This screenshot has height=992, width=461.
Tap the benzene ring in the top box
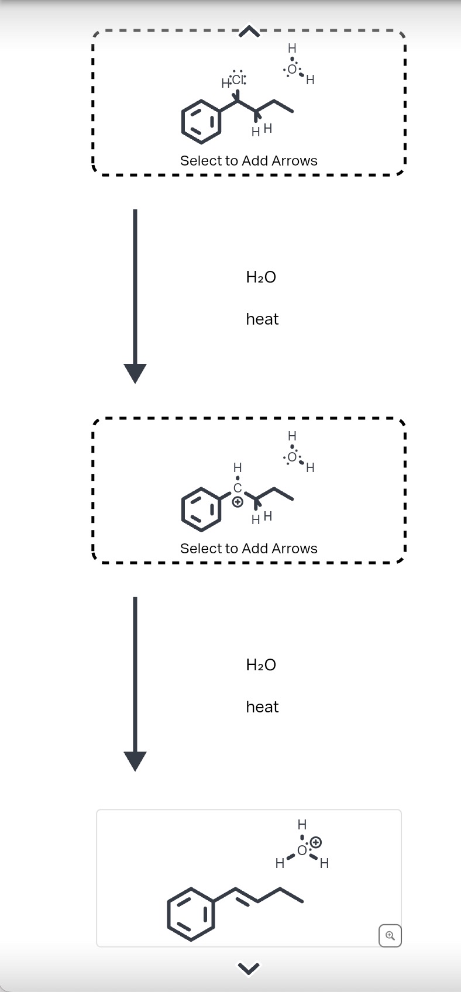(x=201, y=122)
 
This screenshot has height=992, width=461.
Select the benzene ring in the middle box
(x=201, y=509)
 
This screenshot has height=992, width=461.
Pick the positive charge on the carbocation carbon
(x=237, y=502)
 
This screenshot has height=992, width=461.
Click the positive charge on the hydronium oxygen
(x=315, y=842)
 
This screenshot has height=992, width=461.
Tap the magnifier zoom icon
(x=390, y=935)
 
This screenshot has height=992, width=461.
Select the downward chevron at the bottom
(x=249, y=969)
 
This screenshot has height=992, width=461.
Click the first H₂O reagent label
(x=261, y=277)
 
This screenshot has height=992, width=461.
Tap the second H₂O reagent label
(x=261, y=664)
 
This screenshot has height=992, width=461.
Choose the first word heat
(x=262, y=319)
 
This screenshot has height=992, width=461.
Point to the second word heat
(x=262, y=707)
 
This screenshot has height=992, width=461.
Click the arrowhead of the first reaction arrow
(x=135, y=373)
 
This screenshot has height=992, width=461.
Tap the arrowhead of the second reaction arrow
(x=135, y=760)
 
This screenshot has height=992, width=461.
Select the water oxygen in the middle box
(x=293, y=457)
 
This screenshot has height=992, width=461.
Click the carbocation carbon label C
(x=237, y=487)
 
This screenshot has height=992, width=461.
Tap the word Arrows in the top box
(x=294, y=161)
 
